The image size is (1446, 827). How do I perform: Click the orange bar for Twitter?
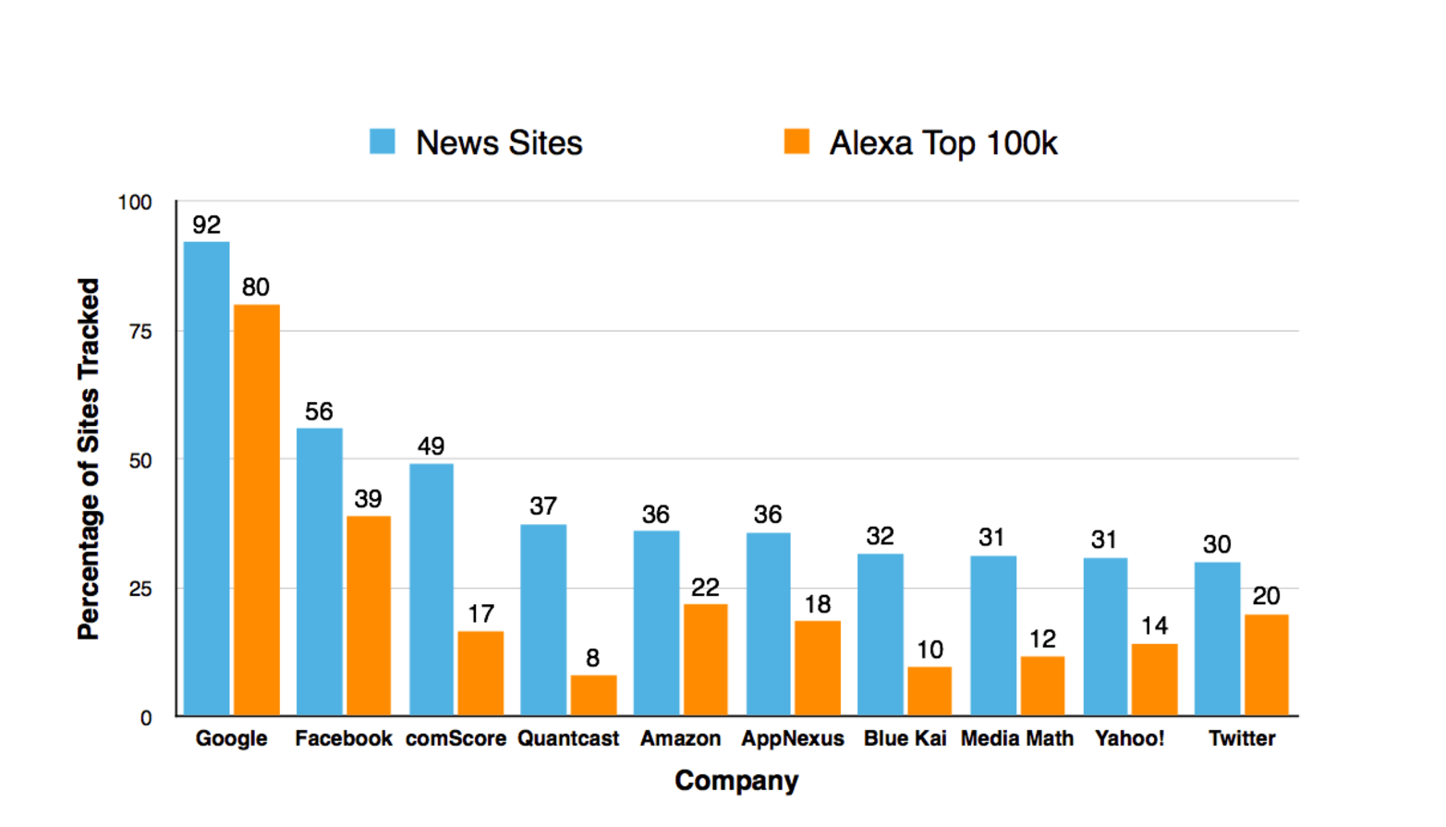point(1266,664)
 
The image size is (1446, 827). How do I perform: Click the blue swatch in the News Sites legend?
point(383,141)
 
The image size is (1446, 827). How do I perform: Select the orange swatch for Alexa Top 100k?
point(796,141)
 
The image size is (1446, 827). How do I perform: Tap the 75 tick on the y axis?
point(140,332)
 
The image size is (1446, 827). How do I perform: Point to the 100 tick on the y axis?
point(135,202)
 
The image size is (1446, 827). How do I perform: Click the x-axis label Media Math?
point(1016,738)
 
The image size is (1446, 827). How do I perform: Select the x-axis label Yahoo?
point(1129,738)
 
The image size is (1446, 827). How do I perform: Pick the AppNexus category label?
point(792,738)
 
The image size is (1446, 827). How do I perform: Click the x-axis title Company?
point(736,781)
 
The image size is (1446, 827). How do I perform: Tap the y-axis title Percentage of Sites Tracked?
point(89,459)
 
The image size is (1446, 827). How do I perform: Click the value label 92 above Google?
point(206,225)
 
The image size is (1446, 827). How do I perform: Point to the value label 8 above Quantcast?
point(592,658)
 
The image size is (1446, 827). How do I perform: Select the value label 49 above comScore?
point(431,446)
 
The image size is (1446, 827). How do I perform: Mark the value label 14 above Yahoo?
point(1154,626)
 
